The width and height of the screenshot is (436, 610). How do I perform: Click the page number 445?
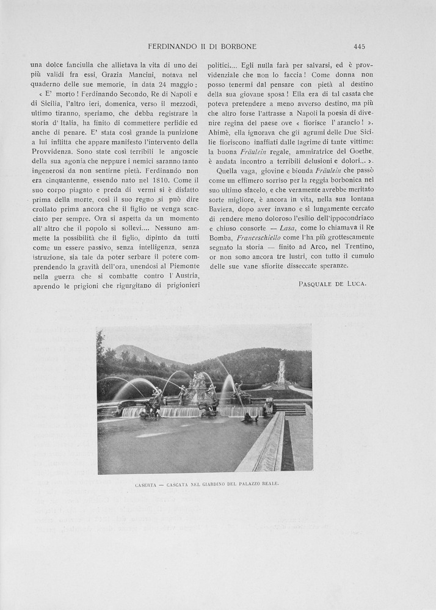pos(359,46)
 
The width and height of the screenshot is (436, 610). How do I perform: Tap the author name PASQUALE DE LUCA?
pos(332,284)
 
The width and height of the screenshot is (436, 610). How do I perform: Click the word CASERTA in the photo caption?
pos(145,484)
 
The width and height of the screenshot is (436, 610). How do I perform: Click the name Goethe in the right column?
pos(358,151)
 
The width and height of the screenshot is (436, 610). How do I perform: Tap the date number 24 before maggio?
pos(161,84)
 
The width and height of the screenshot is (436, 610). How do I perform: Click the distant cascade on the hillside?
pos(280,372)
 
